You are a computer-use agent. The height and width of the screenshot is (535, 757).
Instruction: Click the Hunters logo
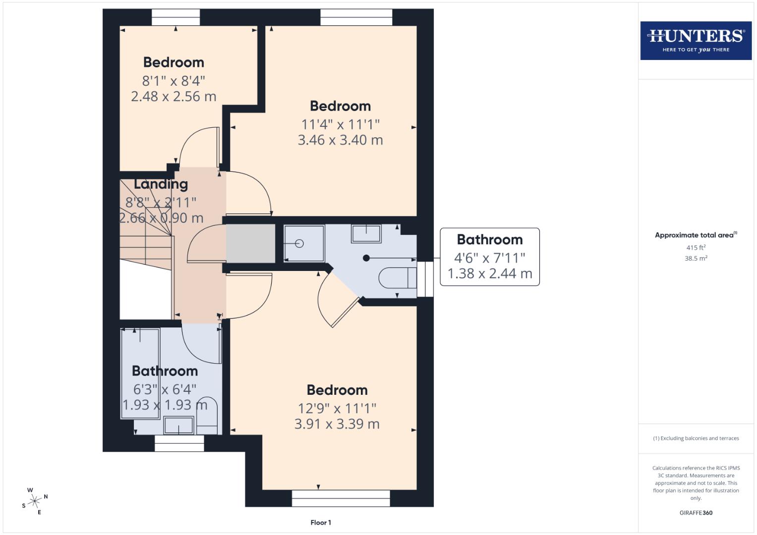696,40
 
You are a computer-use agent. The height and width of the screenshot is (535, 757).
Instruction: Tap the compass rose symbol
34,501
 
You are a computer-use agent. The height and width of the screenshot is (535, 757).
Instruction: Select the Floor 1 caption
321,522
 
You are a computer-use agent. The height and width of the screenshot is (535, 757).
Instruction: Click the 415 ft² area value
696,247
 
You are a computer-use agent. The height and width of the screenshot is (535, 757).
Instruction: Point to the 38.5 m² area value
696,258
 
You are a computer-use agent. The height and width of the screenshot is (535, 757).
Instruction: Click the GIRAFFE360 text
696,513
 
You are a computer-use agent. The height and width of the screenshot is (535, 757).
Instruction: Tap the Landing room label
161,184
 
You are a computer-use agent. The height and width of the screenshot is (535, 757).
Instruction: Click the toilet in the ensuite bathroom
397,278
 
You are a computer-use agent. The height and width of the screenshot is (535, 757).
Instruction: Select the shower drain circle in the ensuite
299,243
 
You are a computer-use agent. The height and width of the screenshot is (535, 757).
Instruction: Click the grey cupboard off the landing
250,243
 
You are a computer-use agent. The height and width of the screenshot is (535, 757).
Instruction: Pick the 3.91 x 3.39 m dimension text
337,424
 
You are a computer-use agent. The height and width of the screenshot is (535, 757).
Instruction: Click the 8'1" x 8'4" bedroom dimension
174,80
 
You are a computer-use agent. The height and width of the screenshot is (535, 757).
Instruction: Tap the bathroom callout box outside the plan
489,257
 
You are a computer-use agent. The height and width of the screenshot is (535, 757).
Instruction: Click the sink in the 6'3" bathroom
178,425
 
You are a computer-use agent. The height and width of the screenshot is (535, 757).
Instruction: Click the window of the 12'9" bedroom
341,498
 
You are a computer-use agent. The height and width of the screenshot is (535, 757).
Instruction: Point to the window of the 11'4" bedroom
356,17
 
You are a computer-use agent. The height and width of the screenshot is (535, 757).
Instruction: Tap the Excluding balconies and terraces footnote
696,438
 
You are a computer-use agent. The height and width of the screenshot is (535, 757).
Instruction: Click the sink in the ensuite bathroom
366,233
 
